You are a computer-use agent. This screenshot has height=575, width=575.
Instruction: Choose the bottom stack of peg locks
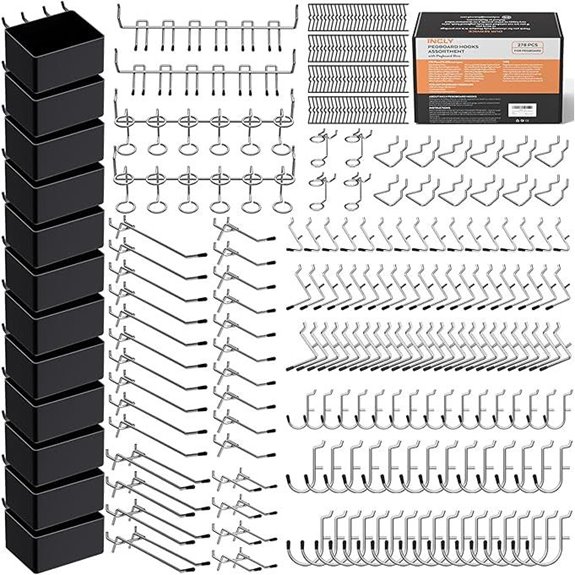(x=356, y=109)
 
